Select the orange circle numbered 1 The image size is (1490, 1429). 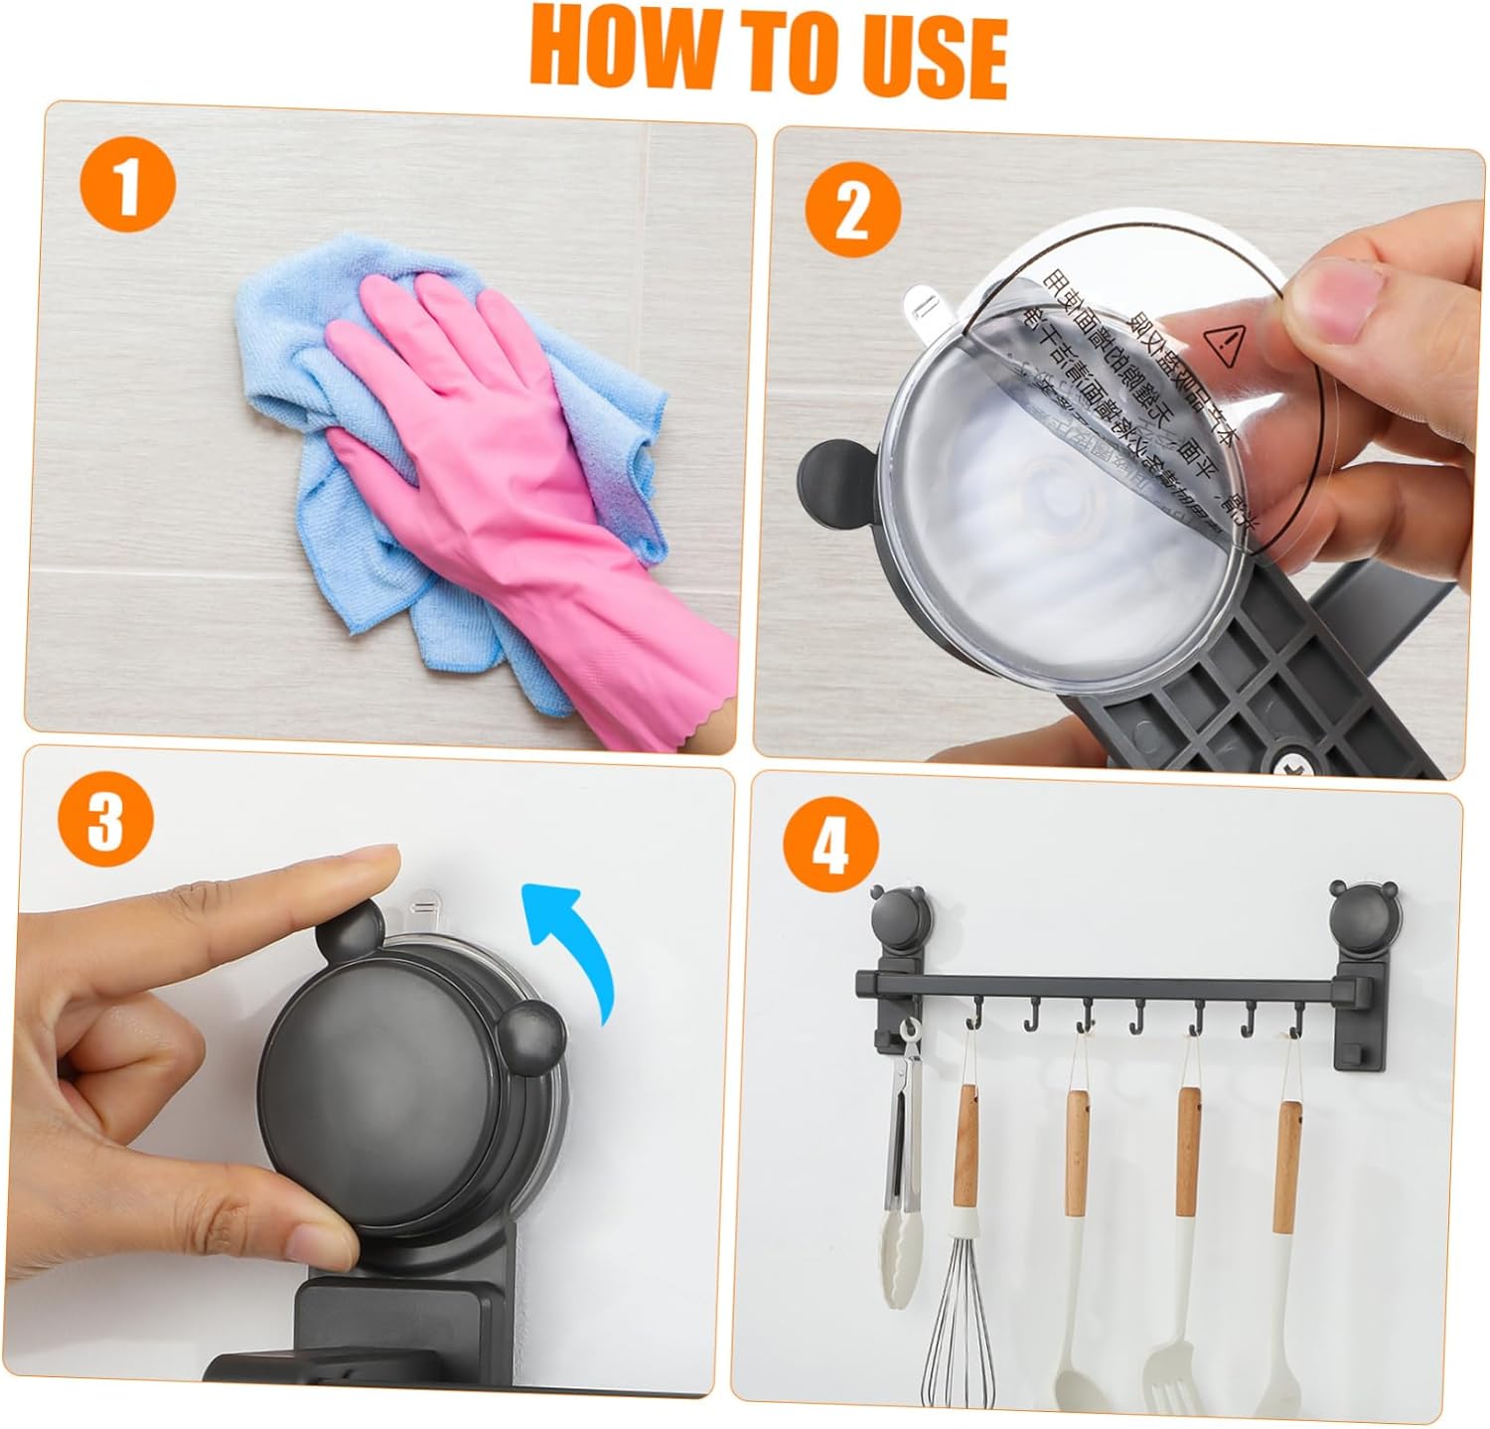coord(126,190)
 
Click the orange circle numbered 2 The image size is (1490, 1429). coord(851,213)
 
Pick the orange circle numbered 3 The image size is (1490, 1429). coord(105,819)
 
